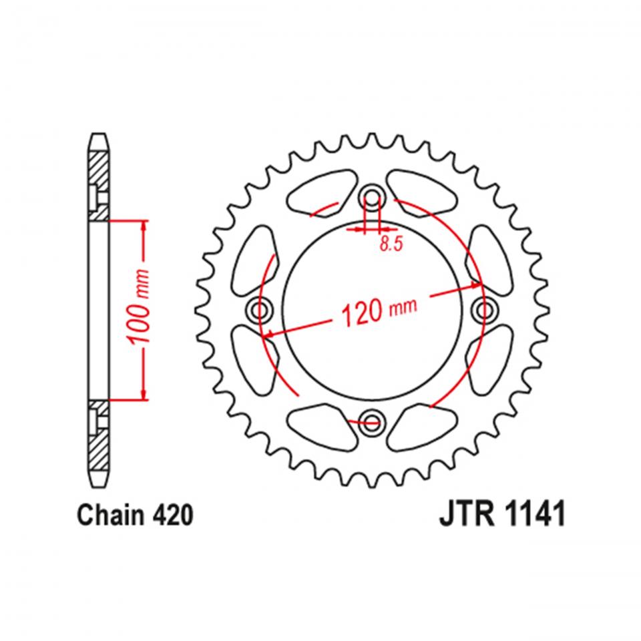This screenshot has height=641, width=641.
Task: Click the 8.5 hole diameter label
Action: pos(391,244)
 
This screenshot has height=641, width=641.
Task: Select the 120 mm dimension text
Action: pos(379,310)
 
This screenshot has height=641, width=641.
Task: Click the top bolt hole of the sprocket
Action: pos(372,198)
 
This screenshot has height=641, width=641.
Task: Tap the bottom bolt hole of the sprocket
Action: pos(372,420)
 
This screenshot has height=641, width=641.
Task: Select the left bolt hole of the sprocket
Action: pos(260,308)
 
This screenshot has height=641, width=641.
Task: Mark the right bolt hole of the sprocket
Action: pos(483,308)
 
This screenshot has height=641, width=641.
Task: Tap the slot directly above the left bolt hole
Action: pos(254,257)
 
